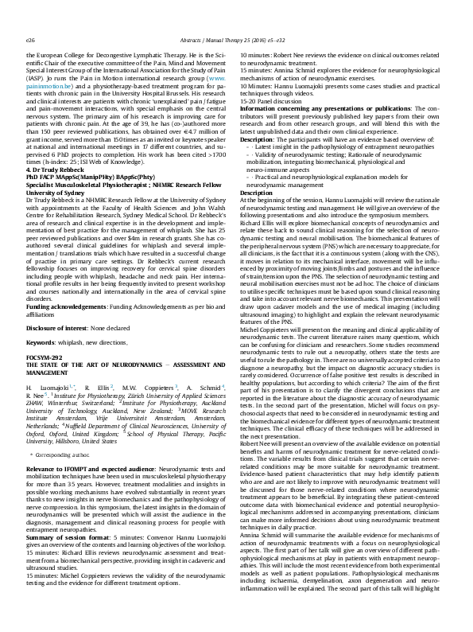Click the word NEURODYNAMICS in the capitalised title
point(126,364)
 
